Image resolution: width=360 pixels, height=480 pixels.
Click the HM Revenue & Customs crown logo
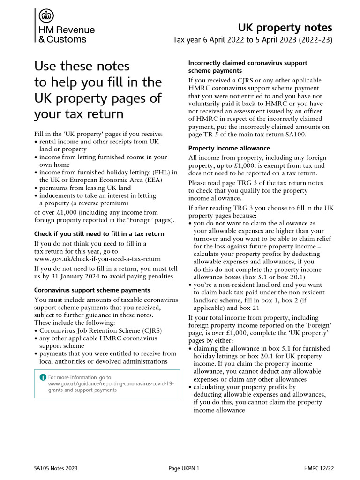(45, 16)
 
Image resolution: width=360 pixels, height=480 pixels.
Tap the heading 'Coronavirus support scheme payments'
(92, 290)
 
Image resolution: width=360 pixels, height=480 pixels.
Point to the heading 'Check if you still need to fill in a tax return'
(99, 234)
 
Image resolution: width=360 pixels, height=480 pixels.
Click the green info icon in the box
(43, 377)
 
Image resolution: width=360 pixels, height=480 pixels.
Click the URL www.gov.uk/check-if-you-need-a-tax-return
(97, 259)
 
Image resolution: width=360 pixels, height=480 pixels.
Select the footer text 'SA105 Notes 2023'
(56, 468)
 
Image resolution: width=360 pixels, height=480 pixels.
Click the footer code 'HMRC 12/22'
(319, 468)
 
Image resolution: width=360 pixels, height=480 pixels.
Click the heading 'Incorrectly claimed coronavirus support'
(247, 63)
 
